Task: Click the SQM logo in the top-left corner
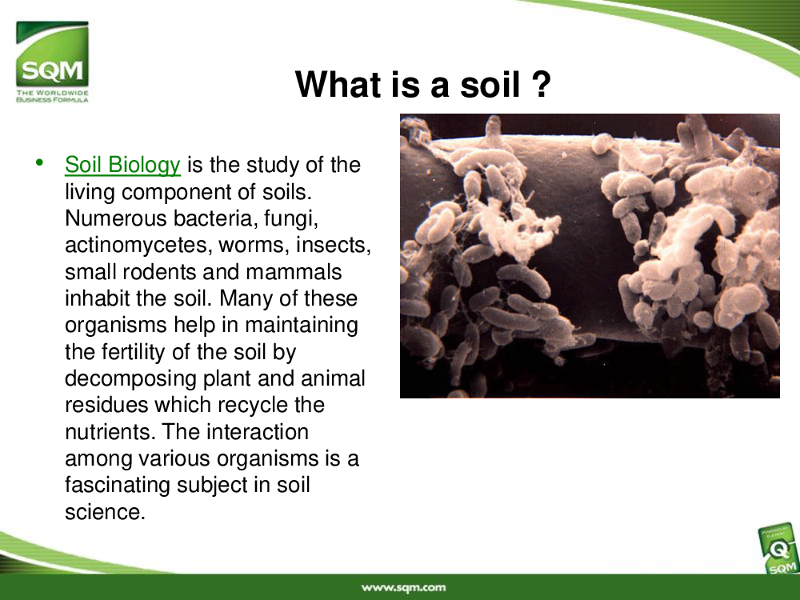point(52,62)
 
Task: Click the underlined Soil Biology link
point(122,165)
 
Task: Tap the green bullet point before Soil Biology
point(39,162)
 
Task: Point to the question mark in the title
point(542,84)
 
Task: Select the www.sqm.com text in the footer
point(403,588)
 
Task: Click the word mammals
point(294,272)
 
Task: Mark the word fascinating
point(118,486)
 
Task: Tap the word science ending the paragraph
point(105,512)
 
